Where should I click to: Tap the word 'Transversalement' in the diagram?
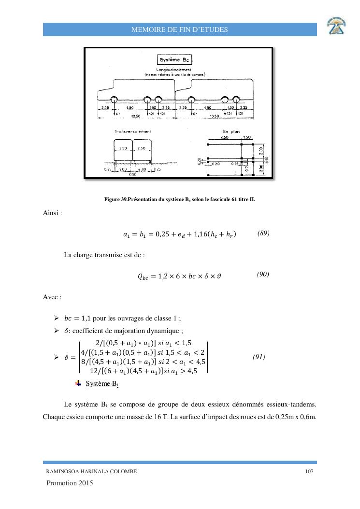tap(132, 131)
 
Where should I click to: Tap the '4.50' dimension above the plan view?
tap(224, 137)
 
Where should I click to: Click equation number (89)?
tap(263, 233)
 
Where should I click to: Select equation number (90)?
tap(263, 275)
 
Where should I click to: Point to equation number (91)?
tap(259, 357)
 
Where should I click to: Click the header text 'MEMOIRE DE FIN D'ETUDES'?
tap(180, 30)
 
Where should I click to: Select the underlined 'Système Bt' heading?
tap(101, 384)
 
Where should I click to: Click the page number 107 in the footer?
tap(310, 472)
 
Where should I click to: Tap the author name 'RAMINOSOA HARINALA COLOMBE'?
tap(91, 472)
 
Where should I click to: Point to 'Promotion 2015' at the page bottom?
tap(70, 483)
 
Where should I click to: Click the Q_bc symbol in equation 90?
tap(144, 277)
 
